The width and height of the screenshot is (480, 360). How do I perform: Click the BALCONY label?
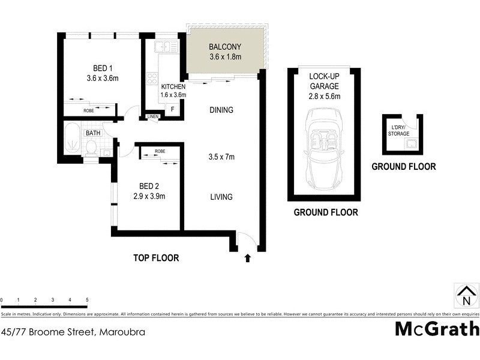225,47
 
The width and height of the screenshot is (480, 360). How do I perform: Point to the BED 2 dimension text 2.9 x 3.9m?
149,196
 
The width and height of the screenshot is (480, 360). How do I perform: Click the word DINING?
221,110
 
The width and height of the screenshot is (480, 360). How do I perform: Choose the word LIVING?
221,197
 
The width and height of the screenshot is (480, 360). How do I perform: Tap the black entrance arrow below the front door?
247,259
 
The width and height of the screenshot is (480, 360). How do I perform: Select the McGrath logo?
437,329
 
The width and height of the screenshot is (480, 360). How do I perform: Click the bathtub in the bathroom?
72,142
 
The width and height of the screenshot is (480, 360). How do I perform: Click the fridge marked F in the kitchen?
173,109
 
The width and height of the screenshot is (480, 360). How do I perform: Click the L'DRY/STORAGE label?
400,131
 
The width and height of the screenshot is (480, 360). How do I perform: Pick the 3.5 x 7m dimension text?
221,157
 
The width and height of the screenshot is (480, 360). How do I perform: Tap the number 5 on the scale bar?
87,299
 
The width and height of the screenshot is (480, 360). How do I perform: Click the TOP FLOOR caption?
156,259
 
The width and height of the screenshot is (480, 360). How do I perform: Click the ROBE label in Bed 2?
160,151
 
